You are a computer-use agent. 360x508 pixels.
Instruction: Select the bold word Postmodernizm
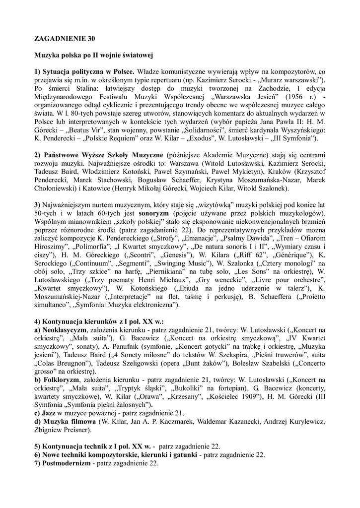(x=67, y=463)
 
